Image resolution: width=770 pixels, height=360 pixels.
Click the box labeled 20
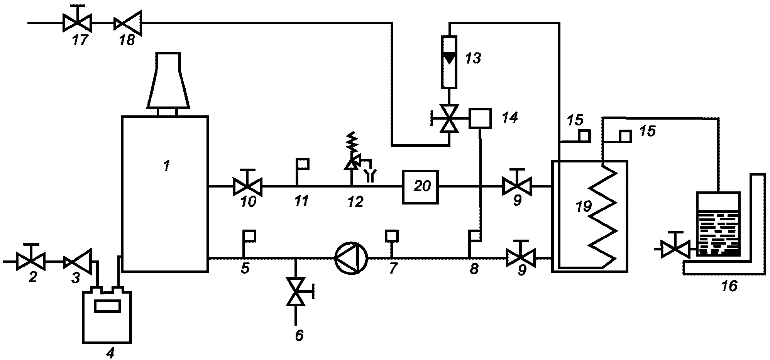pyautogui.click(x=420, y=187)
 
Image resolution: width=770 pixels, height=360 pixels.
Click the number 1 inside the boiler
pyautogui.click(x=166, y=166)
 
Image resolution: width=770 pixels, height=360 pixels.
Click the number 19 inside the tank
pyautogui.click(x=584, y=207)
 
